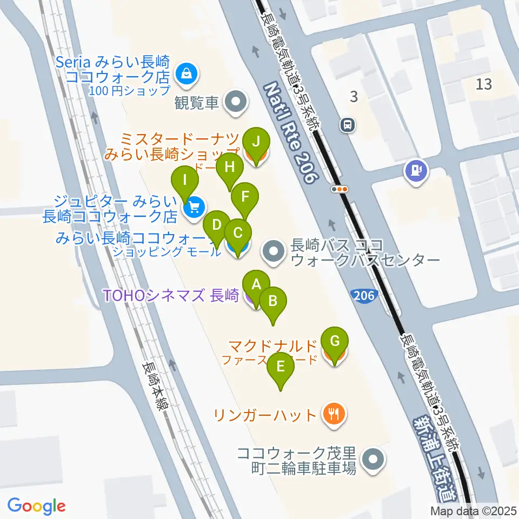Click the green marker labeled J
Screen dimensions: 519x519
[x=256, y=142]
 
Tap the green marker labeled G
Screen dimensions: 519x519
[x=335, y=342]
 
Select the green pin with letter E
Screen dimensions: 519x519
[x=281, y=367]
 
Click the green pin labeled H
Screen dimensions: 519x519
[x=230, y=168]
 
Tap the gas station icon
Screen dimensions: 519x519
[x=416, y=170]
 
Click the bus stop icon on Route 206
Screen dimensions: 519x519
[x=347, y=125]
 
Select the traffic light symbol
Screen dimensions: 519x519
[x=341, y=189]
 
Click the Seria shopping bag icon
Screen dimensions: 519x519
[x=187, y=74]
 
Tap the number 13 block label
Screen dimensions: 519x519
[x=484, y=84]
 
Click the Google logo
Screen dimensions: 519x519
[x=37, y=505]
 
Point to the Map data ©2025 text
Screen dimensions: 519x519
[x=474, y=510]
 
